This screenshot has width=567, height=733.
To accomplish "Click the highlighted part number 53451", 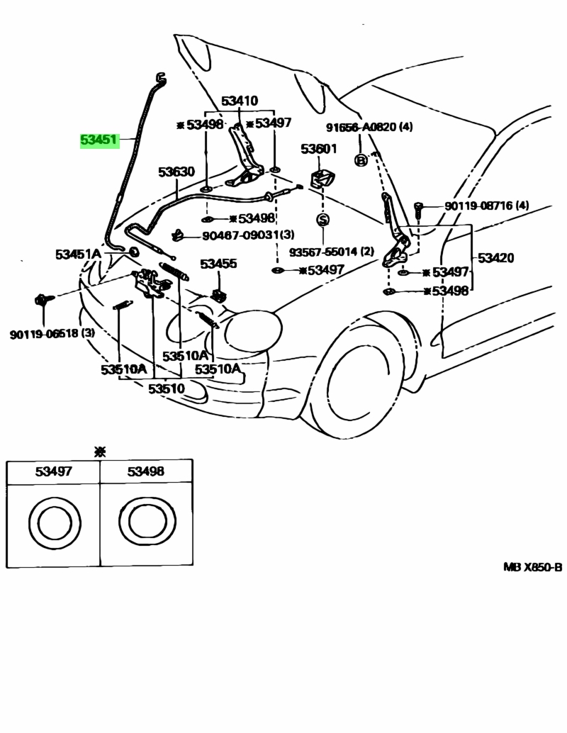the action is tap(99, 140).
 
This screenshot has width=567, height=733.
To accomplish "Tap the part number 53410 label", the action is tap(240, 101).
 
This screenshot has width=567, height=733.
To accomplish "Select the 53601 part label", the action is tap(318, 149).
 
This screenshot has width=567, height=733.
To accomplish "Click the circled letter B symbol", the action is tap(361, 160).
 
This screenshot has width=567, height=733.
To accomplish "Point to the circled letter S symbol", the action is tap(322, 220).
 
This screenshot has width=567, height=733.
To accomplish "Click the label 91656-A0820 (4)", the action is tap(369, 127).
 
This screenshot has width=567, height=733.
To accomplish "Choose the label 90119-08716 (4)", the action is tap(487, 206).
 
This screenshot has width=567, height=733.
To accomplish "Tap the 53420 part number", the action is tap(495, 257).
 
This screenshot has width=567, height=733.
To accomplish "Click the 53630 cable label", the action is tap(176, 172).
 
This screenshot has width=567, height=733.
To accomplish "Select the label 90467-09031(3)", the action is tap(248, 235).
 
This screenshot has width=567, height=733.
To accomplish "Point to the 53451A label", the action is tap(78, 254).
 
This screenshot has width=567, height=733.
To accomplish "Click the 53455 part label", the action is tap(218, 264).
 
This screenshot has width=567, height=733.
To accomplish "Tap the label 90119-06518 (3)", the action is tap(52, 334).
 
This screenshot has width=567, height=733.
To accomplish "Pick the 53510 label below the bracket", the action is tap(167, 388).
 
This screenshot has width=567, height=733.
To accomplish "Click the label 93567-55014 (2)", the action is tap(332, 252).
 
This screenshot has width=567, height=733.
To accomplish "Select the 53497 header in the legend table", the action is tap(54, 471).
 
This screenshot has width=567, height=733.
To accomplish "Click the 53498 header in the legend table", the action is tap(146, 471).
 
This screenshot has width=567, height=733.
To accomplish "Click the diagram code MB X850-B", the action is tap(532, 567).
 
